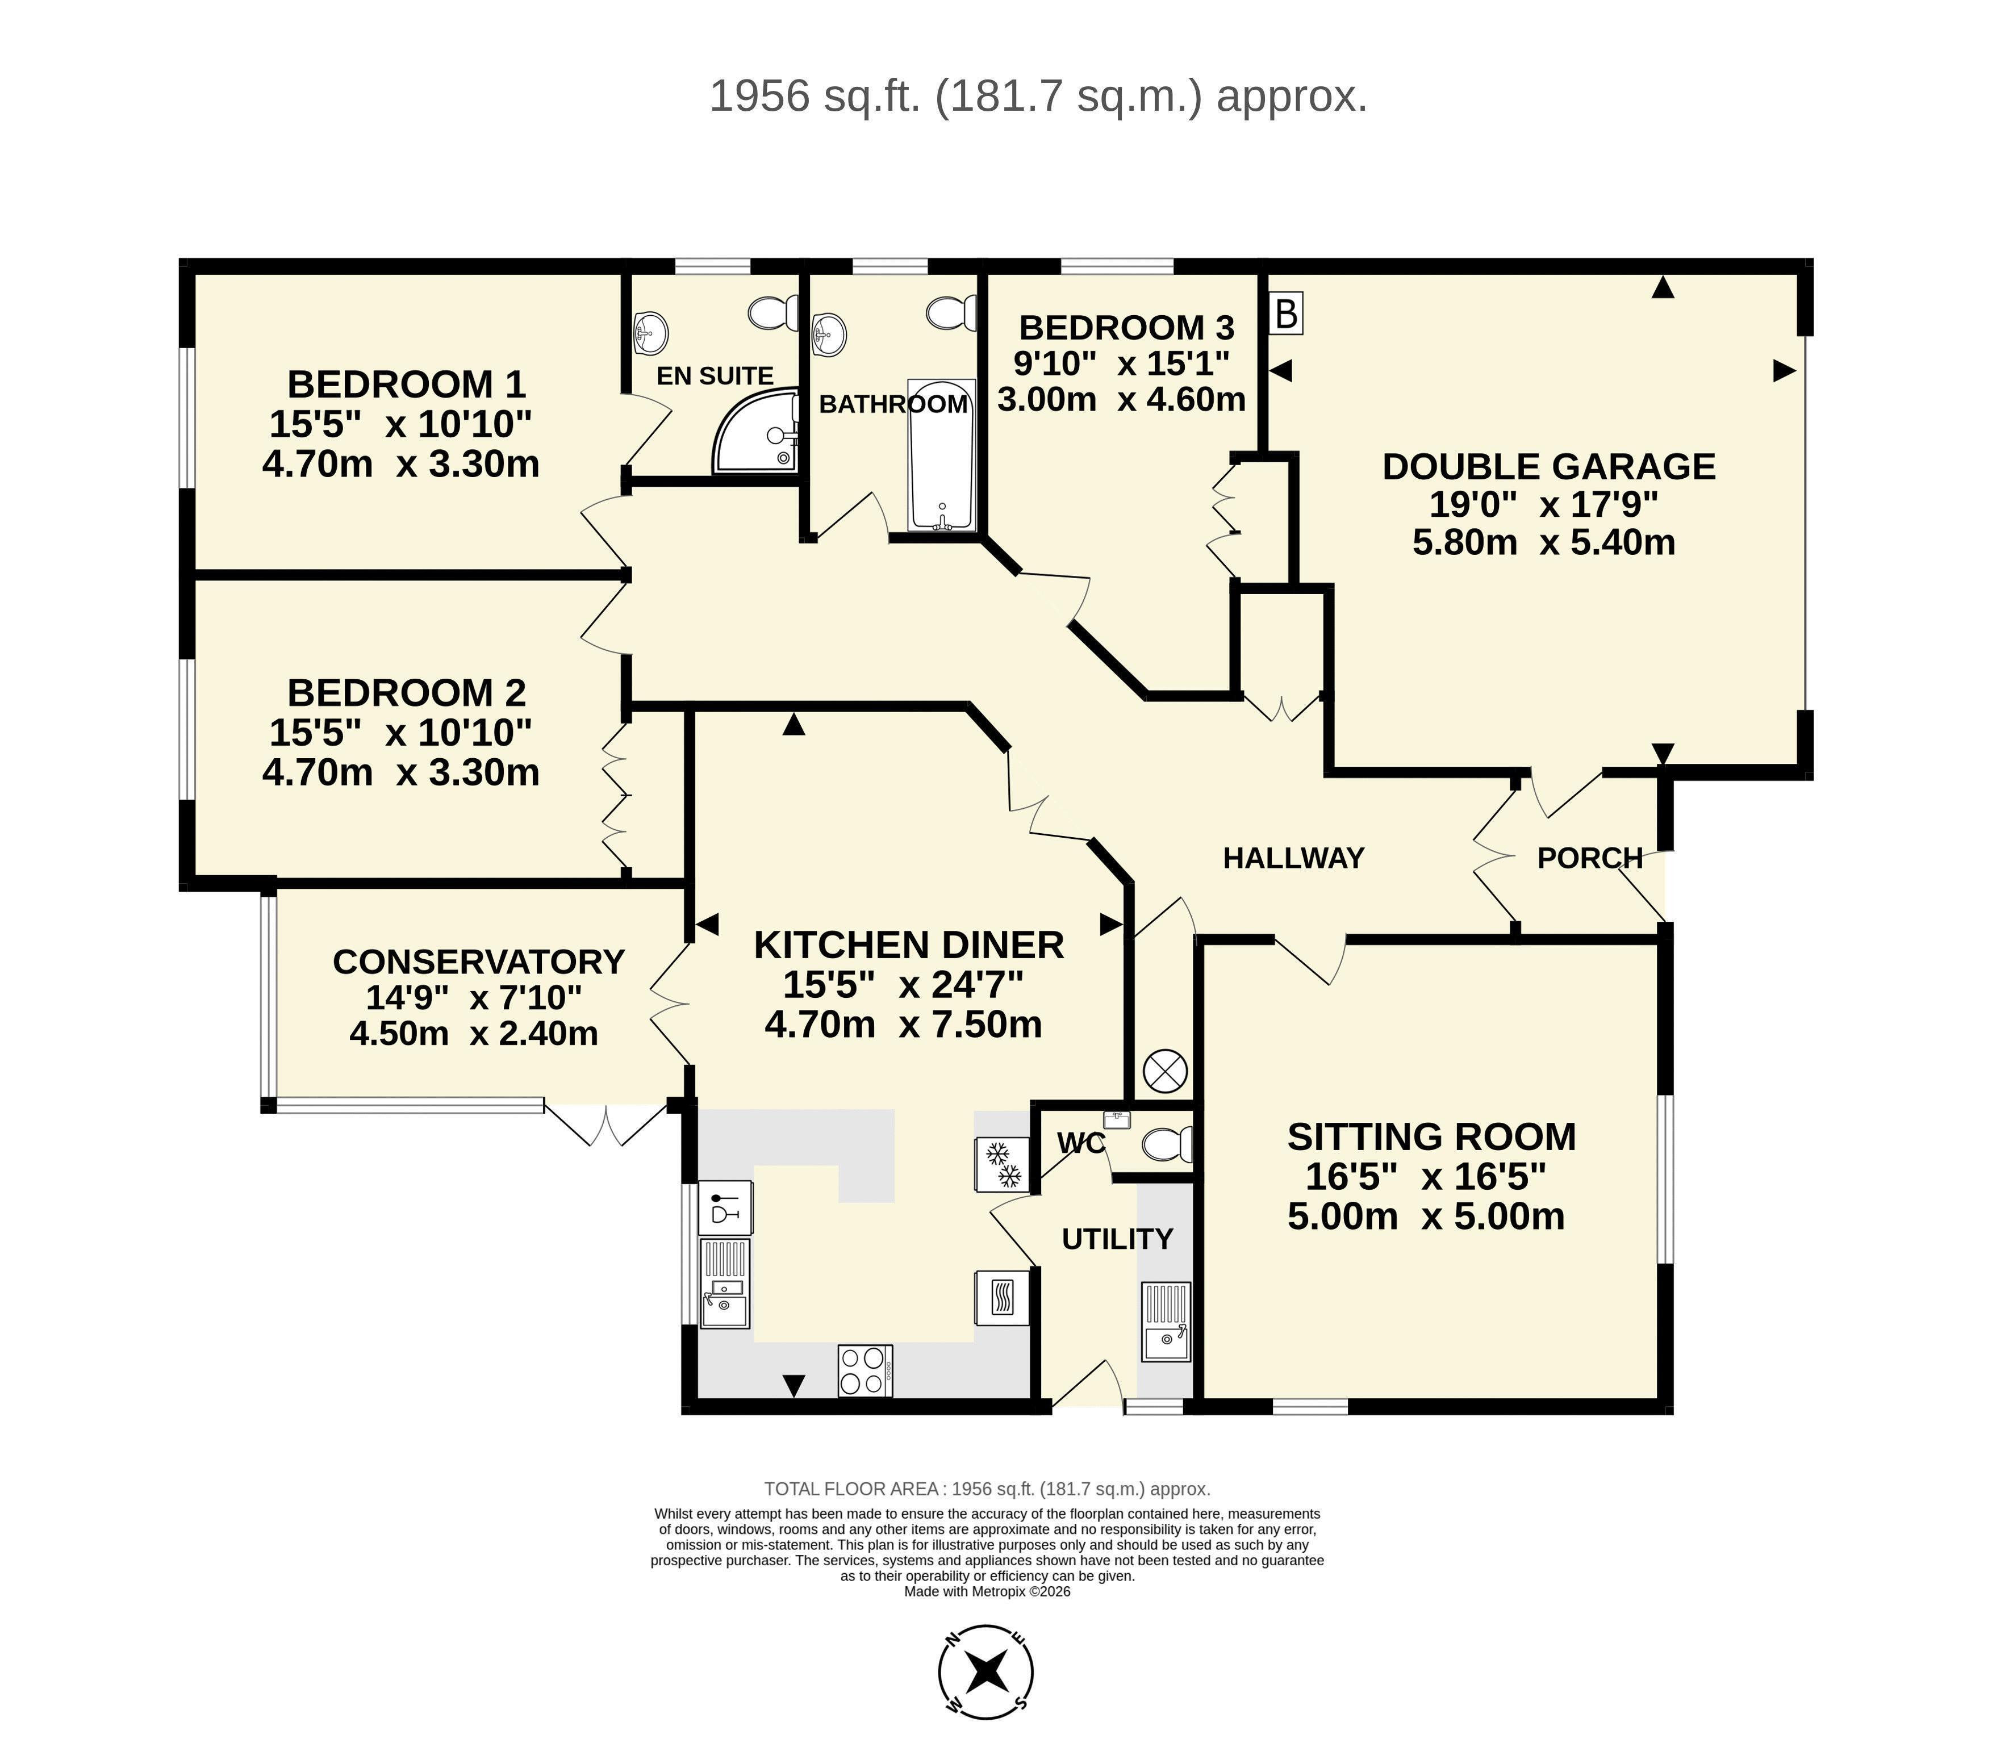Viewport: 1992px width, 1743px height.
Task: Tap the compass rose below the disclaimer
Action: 986,1672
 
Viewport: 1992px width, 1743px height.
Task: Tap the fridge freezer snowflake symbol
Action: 1003,1164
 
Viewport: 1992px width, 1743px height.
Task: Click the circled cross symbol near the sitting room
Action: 1165,1072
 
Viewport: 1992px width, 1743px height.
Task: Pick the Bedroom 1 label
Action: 407,384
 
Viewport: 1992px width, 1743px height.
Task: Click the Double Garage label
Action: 1548,467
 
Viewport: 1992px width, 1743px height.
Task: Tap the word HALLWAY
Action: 1293,858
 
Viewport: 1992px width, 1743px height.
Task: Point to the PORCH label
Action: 1589,858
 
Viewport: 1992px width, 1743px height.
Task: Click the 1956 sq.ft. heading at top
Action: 1038,97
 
